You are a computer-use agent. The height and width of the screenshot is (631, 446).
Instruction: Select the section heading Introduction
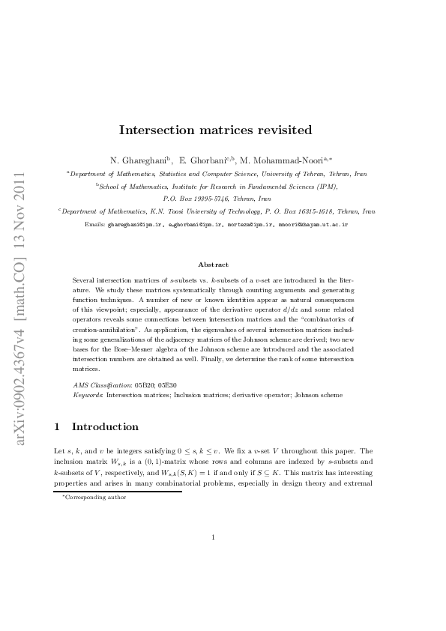[105, 427]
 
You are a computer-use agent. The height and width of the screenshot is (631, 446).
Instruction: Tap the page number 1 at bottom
[214, 579]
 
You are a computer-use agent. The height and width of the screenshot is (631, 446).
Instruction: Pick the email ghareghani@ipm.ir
[134, 224]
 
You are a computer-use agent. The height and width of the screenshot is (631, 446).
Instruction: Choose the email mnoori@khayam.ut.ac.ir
[313, 224]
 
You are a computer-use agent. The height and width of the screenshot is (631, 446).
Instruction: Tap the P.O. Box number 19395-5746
[220, 199]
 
